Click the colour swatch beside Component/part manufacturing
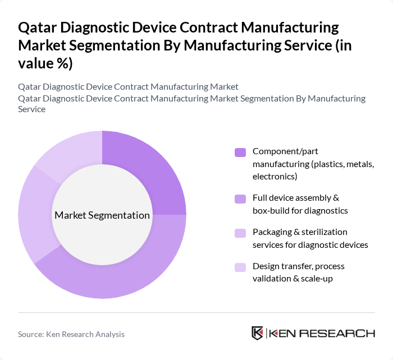(240, 152)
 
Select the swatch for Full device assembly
(240, 199)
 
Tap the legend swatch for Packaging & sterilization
(240, 232)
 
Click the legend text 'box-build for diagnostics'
(300, 210)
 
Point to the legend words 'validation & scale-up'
(292, 278)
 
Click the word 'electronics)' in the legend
(275, 176)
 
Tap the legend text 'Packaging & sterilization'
(300, 232)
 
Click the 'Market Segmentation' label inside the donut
(102, 215)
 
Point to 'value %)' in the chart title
(45, 63)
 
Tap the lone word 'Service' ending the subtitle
(31, 109)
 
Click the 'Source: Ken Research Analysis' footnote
(71, 334)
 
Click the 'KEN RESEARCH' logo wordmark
(322, 333)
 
